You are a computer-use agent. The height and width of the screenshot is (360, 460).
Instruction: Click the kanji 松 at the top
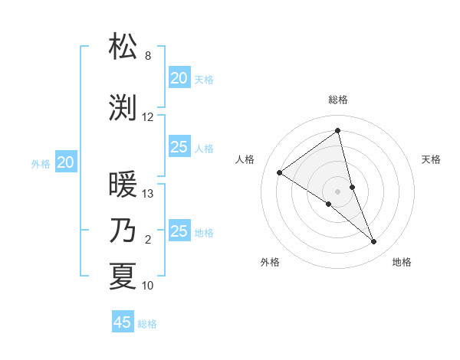(x=123, y=47)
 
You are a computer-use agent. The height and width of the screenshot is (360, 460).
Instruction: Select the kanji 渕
(x=123, y=108)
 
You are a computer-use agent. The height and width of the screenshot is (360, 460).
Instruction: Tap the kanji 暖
(x=123, y=185)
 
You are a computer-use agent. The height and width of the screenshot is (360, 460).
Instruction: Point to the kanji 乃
(x=123, y=231)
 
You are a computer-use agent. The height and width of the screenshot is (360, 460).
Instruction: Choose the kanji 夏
(x=123, y=277)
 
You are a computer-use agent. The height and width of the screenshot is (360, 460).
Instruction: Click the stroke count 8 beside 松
(x=147, y=56)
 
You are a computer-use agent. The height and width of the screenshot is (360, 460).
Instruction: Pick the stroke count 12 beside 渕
(x=148, y=117)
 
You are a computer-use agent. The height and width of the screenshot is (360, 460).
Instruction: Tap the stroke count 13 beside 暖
(x=148, y=194)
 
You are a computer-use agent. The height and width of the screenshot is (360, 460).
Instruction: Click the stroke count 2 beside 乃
(x=148, y=240)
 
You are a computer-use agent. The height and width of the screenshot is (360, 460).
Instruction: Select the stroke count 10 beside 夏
(x=148, y=286)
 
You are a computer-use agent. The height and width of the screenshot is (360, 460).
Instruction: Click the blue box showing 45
(x=123, y=322)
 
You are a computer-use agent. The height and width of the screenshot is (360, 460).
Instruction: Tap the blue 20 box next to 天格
(x=179, y=78)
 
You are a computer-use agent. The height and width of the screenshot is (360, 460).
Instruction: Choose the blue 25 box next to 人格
(x=179, y=147)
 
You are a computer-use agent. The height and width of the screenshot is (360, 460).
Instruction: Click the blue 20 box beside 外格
(x=66, y=162)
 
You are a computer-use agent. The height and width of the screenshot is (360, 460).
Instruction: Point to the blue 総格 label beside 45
(x=147, y=324)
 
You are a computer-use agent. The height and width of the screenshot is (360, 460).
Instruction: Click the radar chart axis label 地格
(x=402, y=262)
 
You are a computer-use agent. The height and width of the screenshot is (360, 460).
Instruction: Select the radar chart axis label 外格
(x=270, y=262)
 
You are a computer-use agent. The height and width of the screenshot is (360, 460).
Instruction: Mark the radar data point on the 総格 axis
(x=337, y=131)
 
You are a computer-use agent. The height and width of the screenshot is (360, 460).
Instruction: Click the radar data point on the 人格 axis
(x=280, y=172)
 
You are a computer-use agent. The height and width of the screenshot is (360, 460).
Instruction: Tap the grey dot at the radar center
(x=337, y=191)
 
